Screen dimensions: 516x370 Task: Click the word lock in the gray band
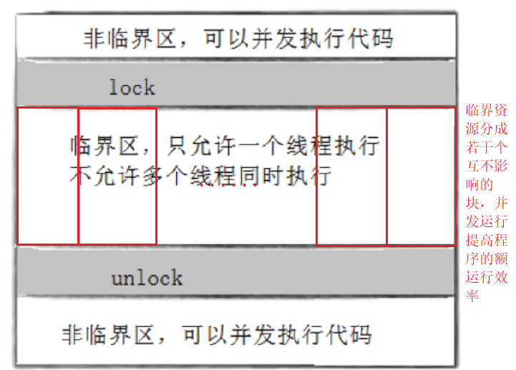[132, 88]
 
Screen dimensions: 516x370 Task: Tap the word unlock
[147, 278]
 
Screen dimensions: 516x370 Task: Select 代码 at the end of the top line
[374, 37]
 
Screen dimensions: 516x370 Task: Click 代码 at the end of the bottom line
[351, 334]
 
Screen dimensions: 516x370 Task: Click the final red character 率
[473, 296]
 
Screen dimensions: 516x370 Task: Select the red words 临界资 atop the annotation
[487, 111]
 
